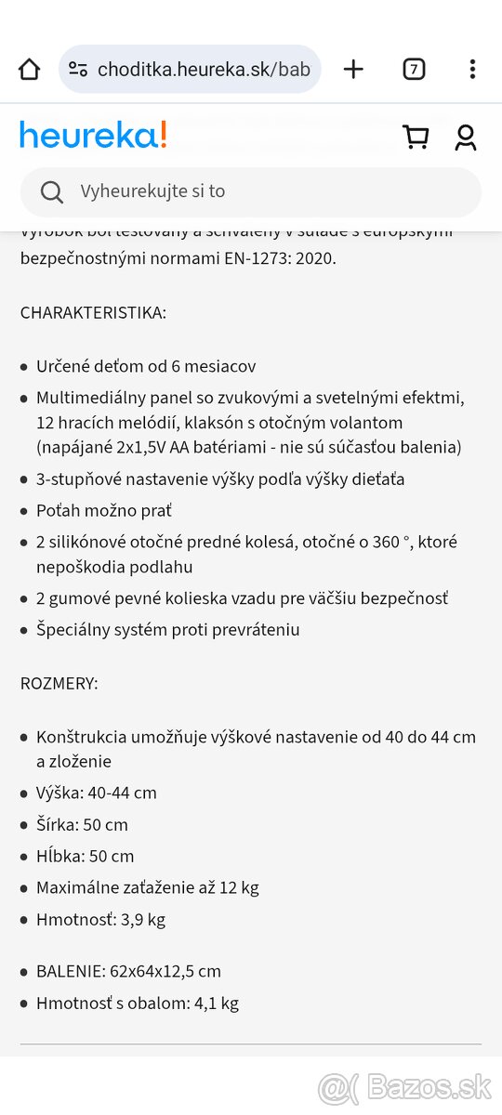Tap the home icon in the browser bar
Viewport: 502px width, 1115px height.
click(30, 70)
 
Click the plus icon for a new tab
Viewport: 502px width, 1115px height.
click(353, 70)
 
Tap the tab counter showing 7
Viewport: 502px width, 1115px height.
click(414, 70)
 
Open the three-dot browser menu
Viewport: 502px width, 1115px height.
click(472, 70)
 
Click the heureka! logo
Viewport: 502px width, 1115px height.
click(93, 136)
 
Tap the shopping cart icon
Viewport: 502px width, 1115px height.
click(416, 138)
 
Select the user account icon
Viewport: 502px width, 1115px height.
click(466, 138)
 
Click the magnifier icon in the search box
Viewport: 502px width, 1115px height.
click(52, 191)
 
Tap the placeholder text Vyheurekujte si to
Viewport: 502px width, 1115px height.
click(152, 191)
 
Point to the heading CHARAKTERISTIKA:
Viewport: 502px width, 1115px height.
click(93, 313)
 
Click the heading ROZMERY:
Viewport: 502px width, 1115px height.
click(59, 684)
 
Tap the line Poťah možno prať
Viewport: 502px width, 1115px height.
click(104, 511)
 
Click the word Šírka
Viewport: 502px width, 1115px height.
click(56, 825)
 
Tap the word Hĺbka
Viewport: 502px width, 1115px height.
click(58, 857)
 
